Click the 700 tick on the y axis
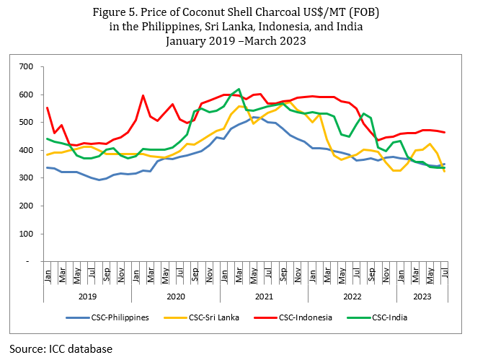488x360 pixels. click(x=27, y=67)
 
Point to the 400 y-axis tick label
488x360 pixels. click(x=27, y=151)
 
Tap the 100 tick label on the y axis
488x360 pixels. click(x=27, y=234)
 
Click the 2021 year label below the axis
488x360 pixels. click(x=263, y=296)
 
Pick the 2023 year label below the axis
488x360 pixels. click(x=422, y=296)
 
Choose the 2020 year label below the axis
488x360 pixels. click(x=176, y=296)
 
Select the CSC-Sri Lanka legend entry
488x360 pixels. click(x=216, y=317)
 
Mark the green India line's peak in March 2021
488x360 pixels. click(x=239, y=89)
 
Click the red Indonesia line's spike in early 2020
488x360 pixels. click(x=143, y=95)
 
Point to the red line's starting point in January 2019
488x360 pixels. click(x=48, y=107)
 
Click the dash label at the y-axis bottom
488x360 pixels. click(x=30, y=261)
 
